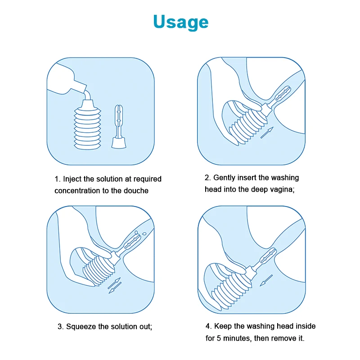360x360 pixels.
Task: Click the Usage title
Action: (181, 22)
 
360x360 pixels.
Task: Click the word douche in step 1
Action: (136, 190)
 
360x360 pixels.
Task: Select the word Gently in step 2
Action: (224, 178)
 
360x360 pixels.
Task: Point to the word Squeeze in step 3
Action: (81, 327)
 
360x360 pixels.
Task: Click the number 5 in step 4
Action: (219, 338)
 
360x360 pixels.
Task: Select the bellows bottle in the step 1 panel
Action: (87, 125)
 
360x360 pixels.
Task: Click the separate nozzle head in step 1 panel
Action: (119, 127)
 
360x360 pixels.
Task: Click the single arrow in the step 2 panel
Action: (267, 132)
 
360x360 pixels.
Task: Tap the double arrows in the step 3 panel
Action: (115, 285)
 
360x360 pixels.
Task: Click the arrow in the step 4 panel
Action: (266, 280)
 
